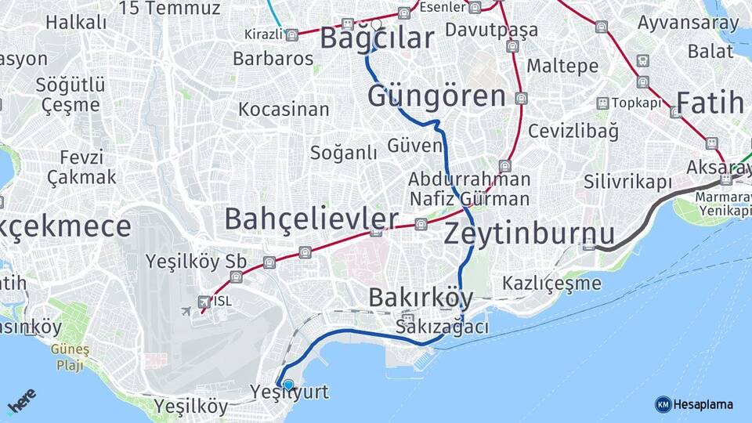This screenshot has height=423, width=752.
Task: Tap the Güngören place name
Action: point(436,97)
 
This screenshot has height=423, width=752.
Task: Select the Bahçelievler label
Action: point(311,219)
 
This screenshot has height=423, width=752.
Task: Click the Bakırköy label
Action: point(420,298)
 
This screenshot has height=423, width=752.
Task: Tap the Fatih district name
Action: point(710,103)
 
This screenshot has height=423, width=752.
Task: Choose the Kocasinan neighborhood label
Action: point(284,109)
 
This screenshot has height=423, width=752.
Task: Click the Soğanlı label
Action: point(344,153)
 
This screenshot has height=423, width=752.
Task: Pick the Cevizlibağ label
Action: point(573,131)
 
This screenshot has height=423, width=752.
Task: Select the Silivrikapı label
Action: point(627,182)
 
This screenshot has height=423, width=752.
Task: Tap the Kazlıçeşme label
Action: point(552,283)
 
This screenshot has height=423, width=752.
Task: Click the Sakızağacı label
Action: point(443,327)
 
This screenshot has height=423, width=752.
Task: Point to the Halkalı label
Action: point(76,23)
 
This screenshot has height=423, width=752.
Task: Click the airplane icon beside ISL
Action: point(186,311)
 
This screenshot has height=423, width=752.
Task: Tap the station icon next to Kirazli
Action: point(291,35)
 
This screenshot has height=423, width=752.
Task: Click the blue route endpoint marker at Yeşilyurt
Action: point(288,385)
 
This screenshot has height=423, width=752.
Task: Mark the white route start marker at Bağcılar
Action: point(376,24)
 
